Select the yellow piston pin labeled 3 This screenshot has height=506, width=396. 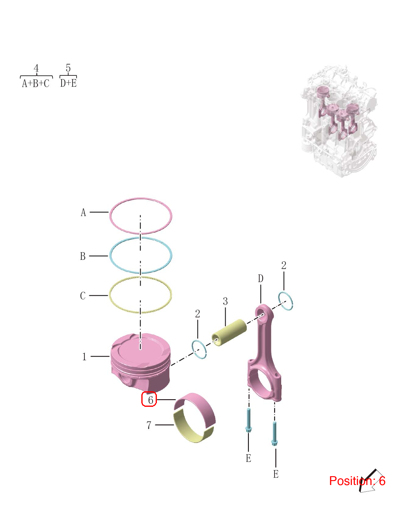tap(229, 333)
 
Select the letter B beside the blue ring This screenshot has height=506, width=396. tap(83, 256)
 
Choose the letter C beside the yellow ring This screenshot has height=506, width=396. tap(83, 296)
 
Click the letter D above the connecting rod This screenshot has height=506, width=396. tap(260, 278)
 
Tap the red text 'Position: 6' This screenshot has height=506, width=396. tap(357, 481)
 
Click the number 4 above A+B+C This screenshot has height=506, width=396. tap(36, 68)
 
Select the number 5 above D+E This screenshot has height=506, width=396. tap(68, 68)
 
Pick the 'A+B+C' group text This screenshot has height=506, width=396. tap(36, 83)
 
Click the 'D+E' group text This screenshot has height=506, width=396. tap(68, 83)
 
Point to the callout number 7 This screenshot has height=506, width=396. tap(149, 425)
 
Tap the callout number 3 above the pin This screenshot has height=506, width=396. tap(225, 301)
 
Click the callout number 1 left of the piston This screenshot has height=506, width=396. tap(84, 357)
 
